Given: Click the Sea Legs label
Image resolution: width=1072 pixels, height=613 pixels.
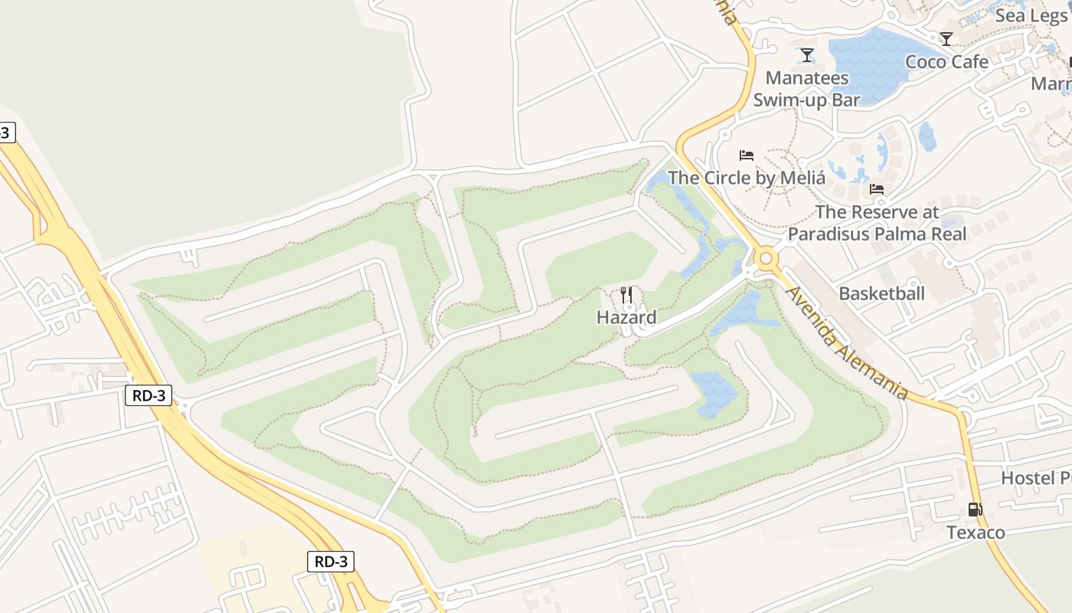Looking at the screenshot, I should [1031, 15].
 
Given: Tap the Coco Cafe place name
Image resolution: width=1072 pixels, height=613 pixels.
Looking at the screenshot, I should [946, 62].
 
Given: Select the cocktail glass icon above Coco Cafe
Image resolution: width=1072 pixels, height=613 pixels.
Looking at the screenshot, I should [946, 38].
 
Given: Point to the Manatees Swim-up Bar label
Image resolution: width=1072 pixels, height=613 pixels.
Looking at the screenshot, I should [807, 88].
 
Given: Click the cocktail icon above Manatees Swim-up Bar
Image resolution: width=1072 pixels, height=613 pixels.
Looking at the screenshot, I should [806, 54].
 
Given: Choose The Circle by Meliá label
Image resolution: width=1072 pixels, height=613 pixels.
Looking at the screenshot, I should [747, 178].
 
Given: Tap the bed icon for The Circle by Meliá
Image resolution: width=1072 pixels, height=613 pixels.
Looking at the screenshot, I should [747, 156].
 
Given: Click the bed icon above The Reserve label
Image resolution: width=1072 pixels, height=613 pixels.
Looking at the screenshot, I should [877, 188].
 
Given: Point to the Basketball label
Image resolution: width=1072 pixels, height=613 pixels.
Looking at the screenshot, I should [881, 293].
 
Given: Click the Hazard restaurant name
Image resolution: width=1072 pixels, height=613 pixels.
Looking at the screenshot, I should [626, 317].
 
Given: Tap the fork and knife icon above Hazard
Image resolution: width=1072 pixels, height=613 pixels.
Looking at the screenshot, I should [626, 294].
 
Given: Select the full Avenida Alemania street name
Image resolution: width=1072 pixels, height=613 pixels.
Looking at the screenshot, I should [848, 342].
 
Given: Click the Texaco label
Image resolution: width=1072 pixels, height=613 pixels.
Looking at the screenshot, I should [975, 533].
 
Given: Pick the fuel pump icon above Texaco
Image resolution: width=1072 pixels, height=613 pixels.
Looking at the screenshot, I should [975, 509].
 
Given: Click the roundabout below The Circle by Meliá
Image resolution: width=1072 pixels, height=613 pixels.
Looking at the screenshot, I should [765, 259].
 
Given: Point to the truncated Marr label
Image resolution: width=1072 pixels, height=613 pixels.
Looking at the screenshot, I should [1051, 83].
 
